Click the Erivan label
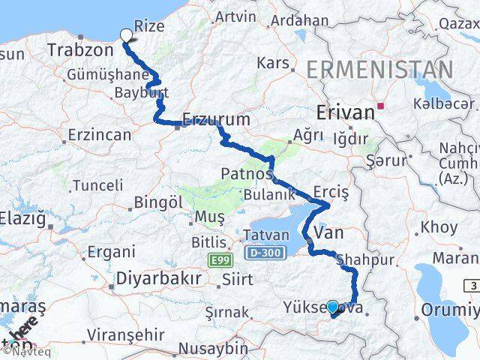click(346, 112)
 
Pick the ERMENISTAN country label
click(379, 71)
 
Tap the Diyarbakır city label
click(158, 278)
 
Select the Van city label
click(329, 233)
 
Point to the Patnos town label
click(246, 174)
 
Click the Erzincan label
click(99, 136)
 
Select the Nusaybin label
click(215, 348)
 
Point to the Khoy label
click(439, 226)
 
